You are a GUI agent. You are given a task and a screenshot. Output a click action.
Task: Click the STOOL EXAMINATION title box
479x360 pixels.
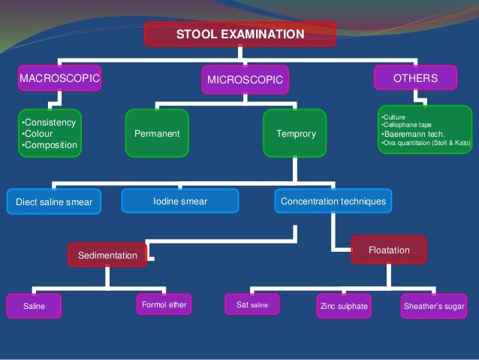240,34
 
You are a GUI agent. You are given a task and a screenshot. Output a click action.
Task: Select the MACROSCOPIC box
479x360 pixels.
59,77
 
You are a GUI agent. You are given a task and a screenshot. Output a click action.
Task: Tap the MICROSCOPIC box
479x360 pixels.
245,79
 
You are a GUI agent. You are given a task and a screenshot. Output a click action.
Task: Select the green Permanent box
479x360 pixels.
157,134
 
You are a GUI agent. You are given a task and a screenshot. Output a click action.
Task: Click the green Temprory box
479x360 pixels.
295,134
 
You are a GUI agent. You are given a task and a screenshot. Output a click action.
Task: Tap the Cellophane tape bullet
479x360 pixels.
404,126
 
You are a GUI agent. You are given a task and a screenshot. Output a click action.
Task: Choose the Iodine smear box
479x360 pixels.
180,201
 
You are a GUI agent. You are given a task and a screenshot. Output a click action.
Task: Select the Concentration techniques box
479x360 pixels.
333,201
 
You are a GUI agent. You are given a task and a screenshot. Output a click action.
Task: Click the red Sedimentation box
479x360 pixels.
107,256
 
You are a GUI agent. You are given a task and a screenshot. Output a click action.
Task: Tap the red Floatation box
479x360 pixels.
389,249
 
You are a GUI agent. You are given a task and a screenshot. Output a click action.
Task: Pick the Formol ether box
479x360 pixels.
162,304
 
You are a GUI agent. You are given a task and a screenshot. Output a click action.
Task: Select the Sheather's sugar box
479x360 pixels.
434,305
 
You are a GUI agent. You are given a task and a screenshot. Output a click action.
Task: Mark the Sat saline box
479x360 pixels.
252,304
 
